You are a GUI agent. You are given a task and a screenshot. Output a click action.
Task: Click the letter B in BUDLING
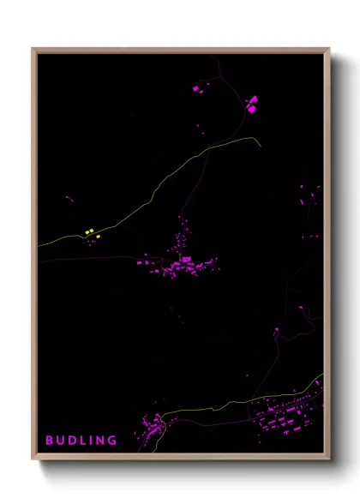tap(49, 441)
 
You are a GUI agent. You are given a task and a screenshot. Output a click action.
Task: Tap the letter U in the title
tap(60, 441)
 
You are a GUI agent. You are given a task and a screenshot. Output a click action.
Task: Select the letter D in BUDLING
tap(72, 441)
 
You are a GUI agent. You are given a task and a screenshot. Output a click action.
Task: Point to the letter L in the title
tap(83, 441)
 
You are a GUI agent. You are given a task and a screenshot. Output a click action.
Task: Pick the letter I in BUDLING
tap(92, 441)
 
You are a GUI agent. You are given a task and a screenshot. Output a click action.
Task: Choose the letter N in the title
tap(101, 441)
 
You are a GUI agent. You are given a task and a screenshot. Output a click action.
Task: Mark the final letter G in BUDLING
tap(113, 441)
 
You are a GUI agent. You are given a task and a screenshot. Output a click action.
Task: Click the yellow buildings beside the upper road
tap(90, 231)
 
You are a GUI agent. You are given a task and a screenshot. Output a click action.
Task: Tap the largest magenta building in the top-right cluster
tap(252, 107)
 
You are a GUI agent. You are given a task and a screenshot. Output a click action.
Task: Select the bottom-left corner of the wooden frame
tap(33, 459)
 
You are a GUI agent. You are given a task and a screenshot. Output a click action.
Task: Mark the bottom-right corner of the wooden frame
tap(329, 459)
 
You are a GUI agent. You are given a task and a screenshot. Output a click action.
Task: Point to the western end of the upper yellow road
tap(39, 246)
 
